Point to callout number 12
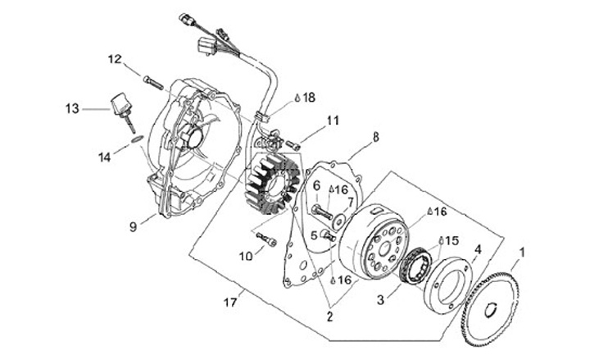pos(114,58)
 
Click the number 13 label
pos(72,107)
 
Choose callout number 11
pos(332,121)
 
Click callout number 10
pos(246,256)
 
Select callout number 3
pos(380,301)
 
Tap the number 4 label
pos(479,248)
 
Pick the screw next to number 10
pos(265,239)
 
